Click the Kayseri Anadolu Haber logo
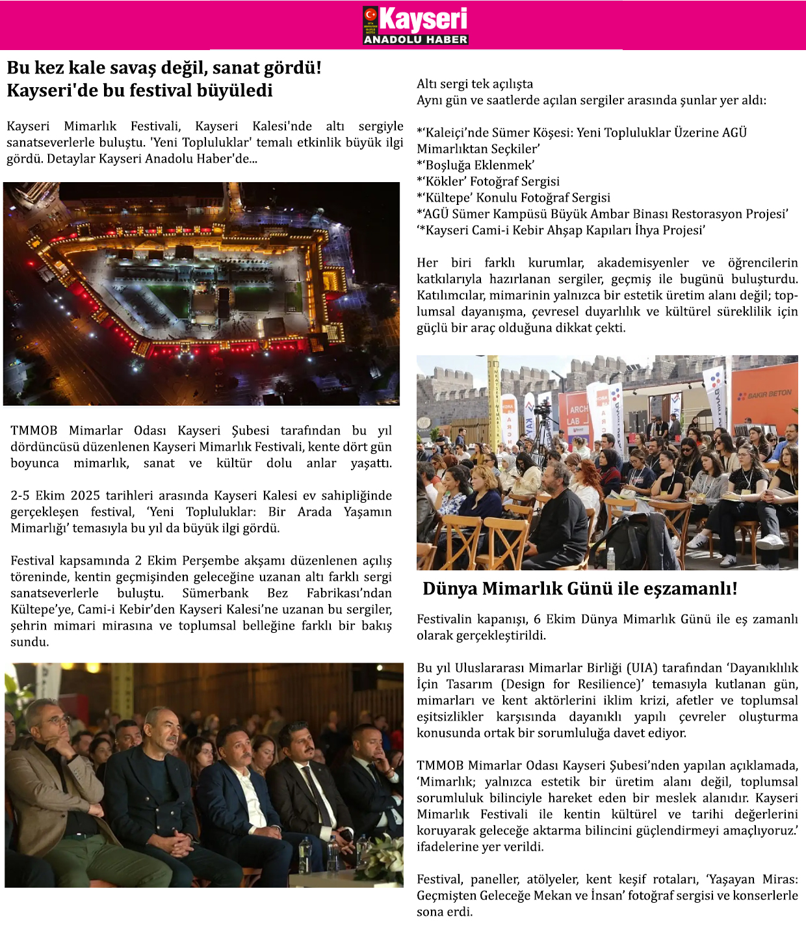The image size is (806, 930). pyautogui.click(x=415, y=25)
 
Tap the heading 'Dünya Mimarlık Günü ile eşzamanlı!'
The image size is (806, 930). pyautogui.click(x=580, y=589)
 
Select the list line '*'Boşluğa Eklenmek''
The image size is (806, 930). pyautogui.click(x=476, y=165)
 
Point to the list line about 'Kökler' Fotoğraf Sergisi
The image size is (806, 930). pyautogui.click(x=488, y=181)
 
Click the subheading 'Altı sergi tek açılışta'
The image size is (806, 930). pyautogui.click(x=474, y=84)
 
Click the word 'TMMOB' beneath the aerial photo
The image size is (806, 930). pyautogui.click(x=34, y=431)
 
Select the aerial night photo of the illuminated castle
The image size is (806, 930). pyautogui.click(x=201, y=294)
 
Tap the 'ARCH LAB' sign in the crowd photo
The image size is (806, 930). pyautogui.click(x=577, y=414)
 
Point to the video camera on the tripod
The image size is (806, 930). pyautogui.click(x=542, y=410)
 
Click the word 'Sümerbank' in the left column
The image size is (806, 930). pyautogui.click(x=215, y=593)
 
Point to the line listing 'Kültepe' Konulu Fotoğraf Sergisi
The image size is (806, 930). pyautogui.click(x=513, y=198)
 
